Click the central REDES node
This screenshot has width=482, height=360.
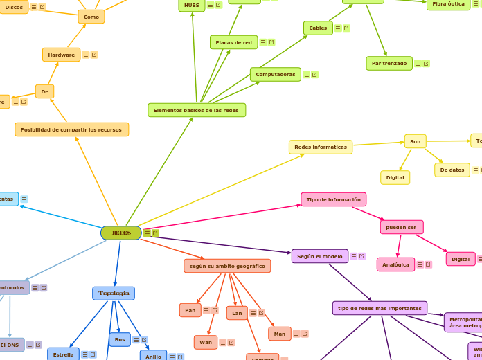[x=121, y=233]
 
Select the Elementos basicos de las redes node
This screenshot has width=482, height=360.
[x=196, y=110]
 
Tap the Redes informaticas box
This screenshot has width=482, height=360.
[x=320, y=147]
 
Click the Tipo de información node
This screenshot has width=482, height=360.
[x=333, y=199]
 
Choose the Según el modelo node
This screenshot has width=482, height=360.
[x=319, y=256]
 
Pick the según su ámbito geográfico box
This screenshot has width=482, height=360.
[x=227, y=266]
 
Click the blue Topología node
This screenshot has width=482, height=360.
[x=114, y=294]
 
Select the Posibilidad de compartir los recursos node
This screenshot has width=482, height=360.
[x=71, y=129]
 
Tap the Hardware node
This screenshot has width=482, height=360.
[x=61, y=55]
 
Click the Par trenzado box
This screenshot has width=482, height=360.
[x=389, y=64]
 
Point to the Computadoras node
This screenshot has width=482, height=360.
[x=275, y=74]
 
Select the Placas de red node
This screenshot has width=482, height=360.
[x=233, y=42]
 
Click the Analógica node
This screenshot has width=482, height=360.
[x=395, y=264]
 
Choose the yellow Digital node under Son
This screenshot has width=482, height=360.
[x=395, y=177]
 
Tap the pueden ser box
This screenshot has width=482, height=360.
[x=401, y=227]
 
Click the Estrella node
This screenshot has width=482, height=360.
[x=63, y=354]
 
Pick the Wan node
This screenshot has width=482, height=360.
[x=206, y=342]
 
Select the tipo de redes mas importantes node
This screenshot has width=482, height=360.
[x=380, y=308]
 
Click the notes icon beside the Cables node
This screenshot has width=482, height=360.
[x=338, y=28]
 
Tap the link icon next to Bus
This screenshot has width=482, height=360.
[x=144, y=340]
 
